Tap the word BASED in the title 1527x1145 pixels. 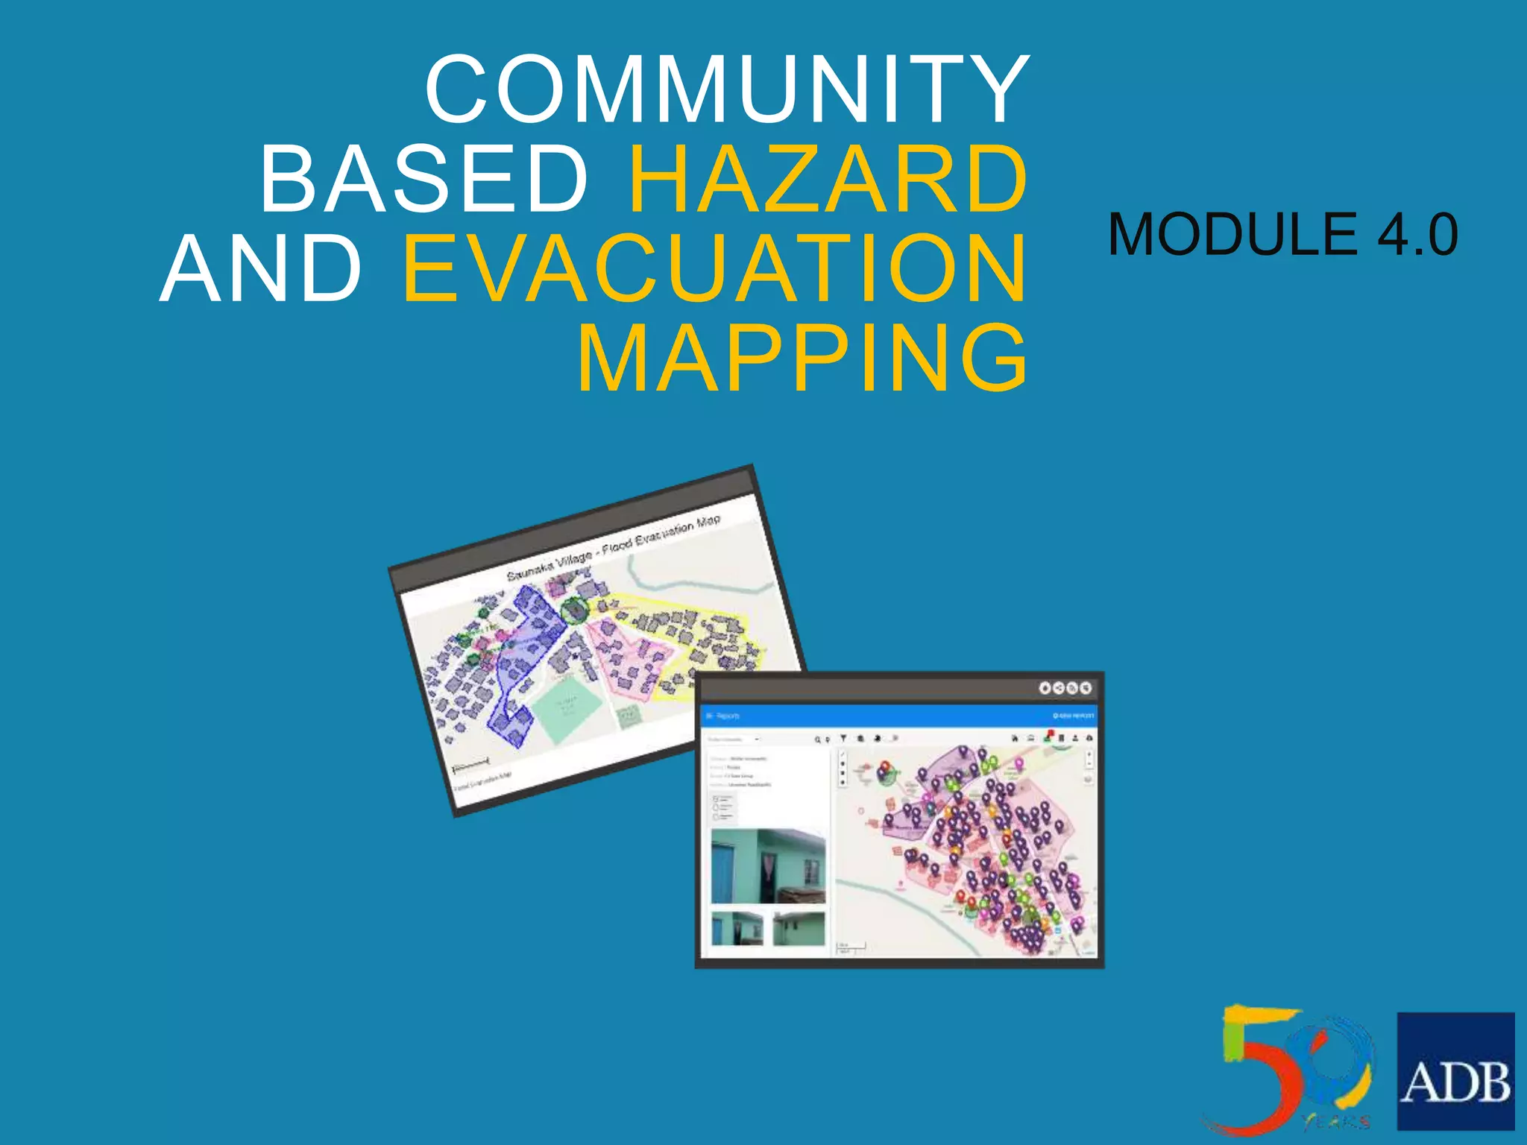tap(424, 179)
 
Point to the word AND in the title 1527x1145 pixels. tap(261, 268)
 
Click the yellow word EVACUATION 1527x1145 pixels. tap(714, 268)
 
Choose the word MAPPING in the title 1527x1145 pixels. tap(802, 358)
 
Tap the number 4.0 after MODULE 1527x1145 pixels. tap(1417, 234)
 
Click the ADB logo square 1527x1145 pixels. tap(1455, 1070)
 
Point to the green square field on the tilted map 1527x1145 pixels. tap(567, 710)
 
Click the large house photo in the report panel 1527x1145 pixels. tap(768, 866)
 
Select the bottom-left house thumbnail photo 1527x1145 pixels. tap(737, 929)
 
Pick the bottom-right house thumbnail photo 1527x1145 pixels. tap(799, 929)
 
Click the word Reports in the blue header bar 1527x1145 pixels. tap(728, 716)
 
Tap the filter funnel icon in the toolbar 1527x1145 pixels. tap(843, 738)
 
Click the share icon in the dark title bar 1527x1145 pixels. tap(1058, 687)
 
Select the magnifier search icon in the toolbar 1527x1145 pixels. tap(817, 739)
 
